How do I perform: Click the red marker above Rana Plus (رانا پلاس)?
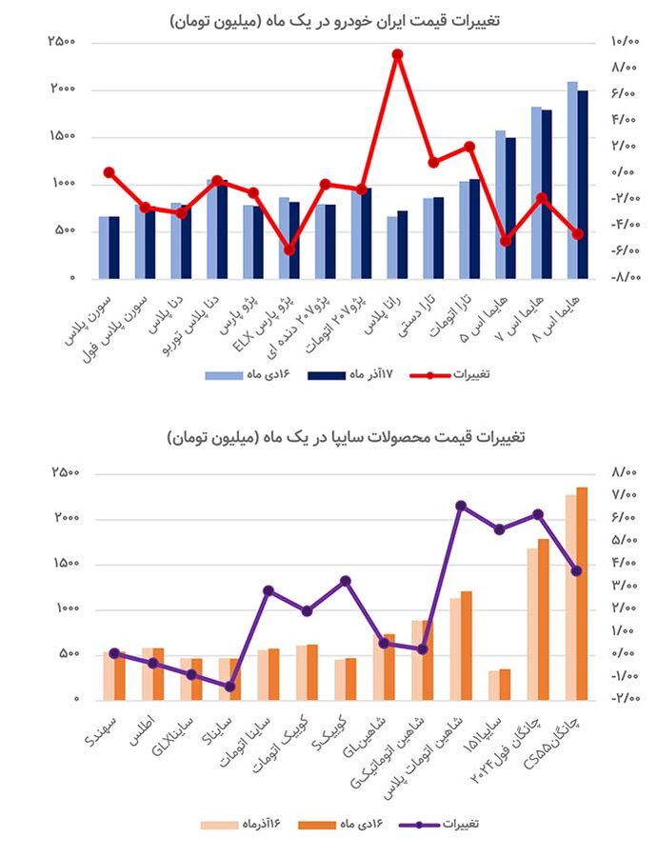coord(397,54)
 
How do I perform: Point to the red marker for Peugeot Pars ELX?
coord(289,249)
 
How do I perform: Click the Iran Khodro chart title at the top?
coord(328,18)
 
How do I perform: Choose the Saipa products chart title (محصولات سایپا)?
coord(328,437)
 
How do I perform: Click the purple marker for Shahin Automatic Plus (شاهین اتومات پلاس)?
coord(460,506)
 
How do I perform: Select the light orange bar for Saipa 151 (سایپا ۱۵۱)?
coord(493,685)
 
